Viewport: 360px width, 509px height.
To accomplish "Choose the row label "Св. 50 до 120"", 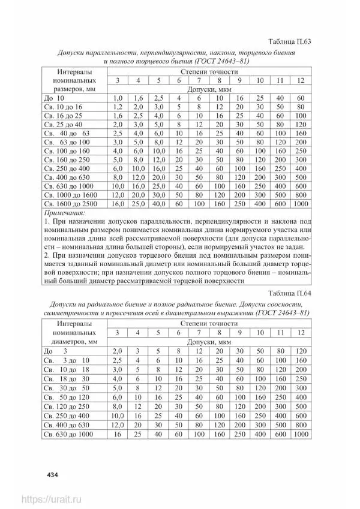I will point(67,397).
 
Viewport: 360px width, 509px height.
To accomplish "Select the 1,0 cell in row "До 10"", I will point(118,97).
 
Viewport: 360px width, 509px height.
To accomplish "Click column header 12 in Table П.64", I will point(301,333).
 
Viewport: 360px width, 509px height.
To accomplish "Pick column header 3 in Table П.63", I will point(118,80).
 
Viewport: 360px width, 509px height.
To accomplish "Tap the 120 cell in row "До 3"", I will point(301,351).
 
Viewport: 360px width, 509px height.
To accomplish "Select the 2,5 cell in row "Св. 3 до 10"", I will point(118,360).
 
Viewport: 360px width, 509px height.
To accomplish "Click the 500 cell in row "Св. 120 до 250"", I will point(301,406).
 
